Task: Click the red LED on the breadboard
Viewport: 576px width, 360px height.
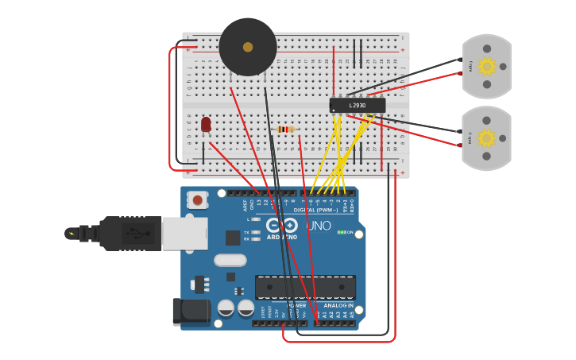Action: (x=206, y=124)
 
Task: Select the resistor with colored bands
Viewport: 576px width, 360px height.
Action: (x=286, y=130)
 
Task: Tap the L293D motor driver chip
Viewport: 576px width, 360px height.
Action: (x=358, y=105)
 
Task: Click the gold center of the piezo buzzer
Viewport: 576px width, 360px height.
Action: (x=248, y=47)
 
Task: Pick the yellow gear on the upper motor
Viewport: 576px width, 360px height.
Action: (x=486, y=66)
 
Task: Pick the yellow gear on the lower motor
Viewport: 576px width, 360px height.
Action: (x=486, y=138)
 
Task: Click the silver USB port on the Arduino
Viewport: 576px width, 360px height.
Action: (x=184, y=234)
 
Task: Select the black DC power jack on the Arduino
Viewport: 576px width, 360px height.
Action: (x=191, y=312)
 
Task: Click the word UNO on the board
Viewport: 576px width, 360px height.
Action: (x=318, y=226)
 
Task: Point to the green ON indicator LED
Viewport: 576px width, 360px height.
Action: (x=342, y=232)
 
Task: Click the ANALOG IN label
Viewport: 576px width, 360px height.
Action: (x=339, y=305)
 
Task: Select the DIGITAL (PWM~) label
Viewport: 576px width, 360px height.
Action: (x=316, y=210)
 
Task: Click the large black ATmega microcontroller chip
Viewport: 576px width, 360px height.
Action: (x=305, y=287)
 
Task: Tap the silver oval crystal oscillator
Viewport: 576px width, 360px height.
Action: (x=230, y=260)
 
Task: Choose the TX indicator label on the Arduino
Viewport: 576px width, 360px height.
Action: (x=246, y=232)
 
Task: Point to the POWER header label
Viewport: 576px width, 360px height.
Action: (x=296, y=305)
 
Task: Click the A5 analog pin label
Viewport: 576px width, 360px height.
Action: (x=352, y=315)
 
